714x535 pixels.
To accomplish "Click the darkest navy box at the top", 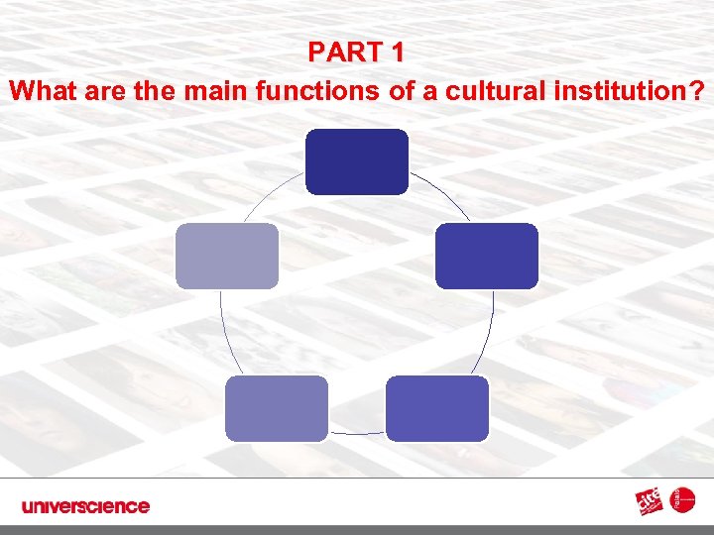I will (x=357, y=161).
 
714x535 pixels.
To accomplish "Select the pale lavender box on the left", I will (x=227, y=256).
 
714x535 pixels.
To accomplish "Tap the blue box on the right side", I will (x=487, y=256).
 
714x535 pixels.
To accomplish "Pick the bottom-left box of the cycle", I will (x=276, y=408).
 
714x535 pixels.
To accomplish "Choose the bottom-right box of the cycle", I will (x=437, y=408).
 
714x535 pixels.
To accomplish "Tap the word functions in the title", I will (x=312, y=92).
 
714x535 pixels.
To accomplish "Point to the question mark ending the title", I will (x=698, y=92).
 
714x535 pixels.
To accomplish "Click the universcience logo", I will (x=85, y=506).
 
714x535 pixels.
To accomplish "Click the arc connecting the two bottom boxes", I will (x=357, y=433).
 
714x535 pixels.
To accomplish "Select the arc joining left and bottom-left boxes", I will (x=224, y=333).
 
